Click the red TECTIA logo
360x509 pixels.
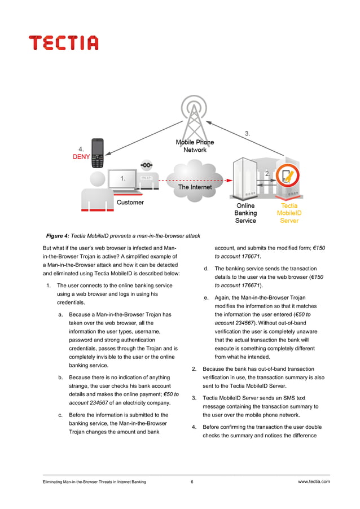click(64, 43)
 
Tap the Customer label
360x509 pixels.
click(130, 202)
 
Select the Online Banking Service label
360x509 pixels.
click(245, 213)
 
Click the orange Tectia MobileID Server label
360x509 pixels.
click(289, 213)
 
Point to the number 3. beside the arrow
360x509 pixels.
click(248, 134)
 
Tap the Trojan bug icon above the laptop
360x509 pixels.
click(147, 165)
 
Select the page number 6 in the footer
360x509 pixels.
click(192, 482)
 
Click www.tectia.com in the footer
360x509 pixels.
click(313, 481)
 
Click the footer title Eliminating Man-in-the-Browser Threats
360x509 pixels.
click(90, 482)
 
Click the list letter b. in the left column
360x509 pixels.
click(60, 377)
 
